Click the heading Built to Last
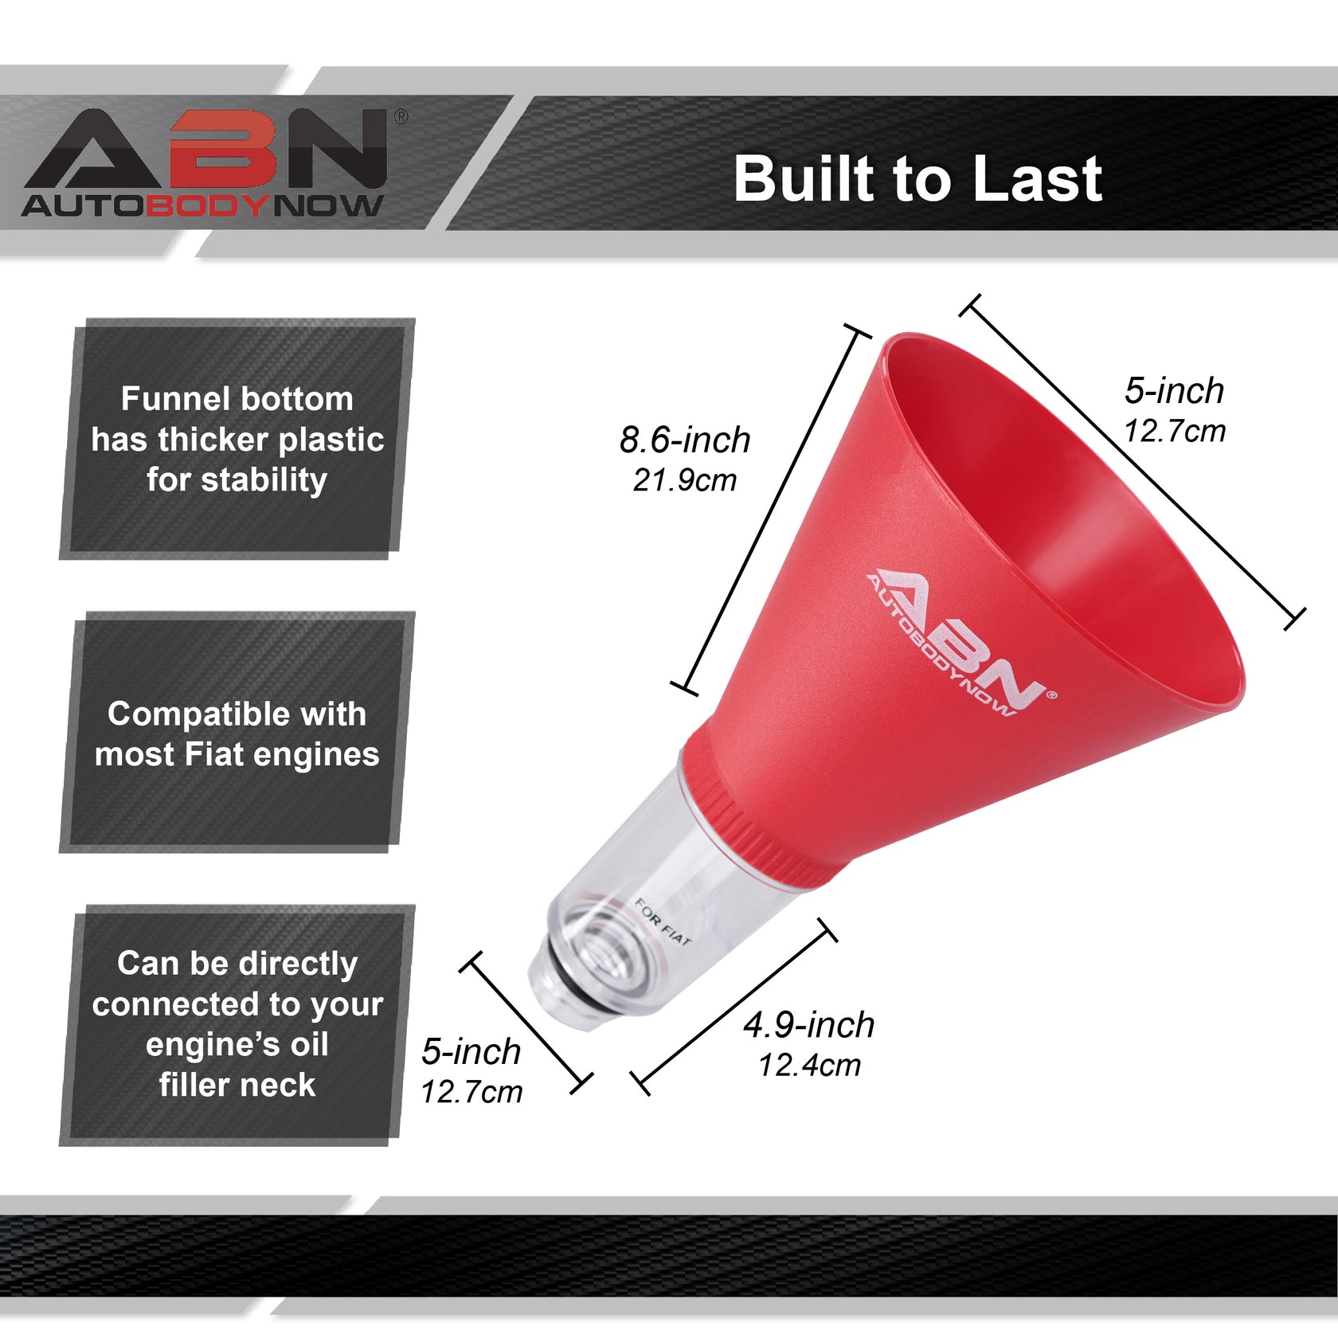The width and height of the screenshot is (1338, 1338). click(917, 178)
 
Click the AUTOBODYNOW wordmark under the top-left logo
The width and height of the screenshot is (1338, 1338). click(202, 205)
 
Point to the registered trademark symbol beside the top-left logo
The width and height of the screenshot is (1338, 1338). click(401, 117)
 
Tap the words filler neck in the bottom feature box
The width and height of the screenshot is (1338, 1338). click(237, 1085)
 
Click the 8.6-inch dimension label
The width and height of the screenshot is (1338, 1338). click(684, 440)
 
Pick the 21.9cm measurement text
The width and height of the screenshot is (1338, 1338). click(684, 480)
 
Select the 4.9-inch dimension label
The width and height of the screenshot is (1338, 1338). click(808, 1025)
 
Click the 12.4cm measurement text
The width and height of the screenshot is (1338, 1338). click(808, 1066)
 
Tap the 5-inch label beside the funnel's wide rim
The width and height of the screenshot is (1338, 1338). click(1174, 390)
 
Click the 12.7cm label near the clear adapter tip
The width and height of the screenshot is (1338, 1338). click(471, 1092)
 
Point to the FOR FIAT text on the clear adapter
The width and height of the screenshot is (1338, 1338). click(663, 922)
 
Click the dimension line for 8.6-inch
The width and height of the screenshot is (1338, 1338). click(770, 510)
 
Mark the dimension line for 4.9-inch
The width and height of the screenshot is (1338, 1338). click(733, 1007)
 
